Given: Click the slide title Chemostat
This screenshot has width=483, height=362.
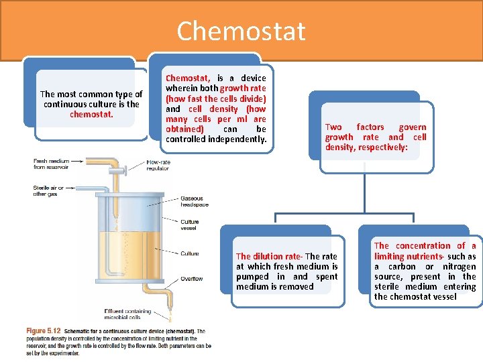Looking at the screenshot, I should point(241,31).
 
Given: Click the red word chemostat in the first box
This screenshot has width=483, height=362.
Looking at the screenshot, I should point(91,114).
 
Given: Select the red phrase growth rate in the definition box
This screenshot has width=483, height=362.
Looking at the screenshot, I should point(243,88).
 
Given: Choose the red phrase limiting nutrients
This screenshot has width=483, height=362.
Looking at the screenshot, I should point(408,256).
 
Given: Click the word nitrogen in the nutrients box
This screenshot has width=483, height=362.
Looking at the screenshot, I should point(459,266).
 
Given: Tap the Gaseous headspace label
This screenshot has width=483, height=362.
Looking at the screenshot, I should point(195,201).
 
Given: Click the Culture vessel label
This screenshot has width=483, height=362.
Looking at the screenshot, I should point(189,225).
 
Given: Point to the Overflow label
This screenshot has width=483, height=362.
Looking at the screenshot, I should point(191,278).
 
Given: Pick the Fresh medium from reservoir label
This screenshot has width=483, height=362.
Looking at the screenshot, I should point(50,164).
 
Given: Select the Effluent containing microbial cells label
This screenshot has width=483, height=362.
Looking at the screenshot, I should point(132,314).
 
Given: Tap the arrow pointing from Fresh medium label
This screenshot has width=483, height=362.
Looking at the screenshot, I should point(76,161).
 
